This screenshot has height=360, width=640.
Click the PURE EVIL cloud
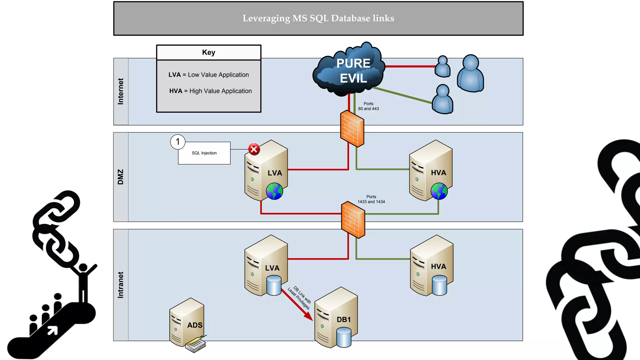tap(350, 70)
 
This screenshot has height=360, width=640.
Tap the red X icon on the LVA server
tap(254, 149)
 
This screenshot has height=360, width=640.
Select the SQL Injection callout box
tap(204, 153)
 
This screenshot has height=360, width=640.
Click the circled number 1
tap(178, 142)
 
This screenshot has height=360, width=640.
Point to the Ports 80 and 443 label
tap(368, 106)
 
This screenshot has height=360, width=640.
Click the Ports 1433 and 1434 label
tap(371, 199)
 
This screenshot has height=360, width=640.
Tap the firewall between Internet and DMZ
tap(352, 128)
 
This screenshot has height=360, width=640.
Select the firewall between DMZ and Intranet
tap(353, 220)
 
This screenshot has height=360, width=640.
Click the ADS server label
tap(195, 325)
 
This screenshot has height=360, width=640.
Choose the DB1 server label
tap(343, 320)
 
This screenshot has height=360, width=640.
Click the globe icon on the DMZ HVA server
tap(439, 191)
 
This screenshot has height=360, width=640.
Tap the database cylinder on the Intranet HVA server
tap(439, 285)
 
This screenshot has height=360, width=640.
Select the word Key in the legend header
tap(208, 52)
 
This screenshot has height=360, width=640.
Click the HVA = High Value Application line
tap(210, 91)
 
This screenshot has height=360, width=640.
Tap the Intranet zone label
tap(121, 285)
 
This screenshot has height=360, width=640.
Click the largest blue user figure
tap(470, 74)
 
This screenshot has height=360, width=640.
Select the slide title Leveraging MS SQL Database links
tap(318, 18)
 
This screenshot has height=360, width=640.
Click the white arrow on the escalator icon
tap(52, 330)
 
